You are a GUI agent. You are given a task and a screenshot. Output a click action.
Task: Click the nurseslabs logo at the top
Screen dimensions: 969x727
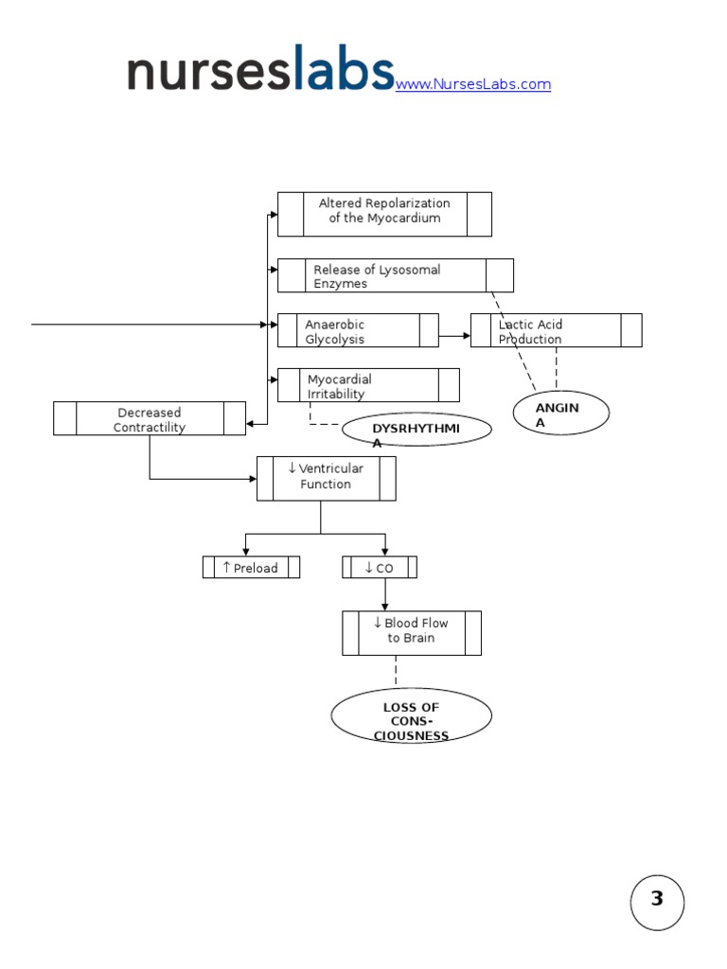click(x=260, y=70)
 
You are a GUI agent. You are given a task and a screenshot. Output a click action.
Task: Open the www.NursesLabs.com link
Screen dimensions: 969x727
click(x=472, y=84)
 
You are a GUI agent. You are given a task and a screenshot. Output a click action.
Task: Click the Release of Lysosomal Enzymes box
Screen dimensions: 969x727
click(x=395, y=275)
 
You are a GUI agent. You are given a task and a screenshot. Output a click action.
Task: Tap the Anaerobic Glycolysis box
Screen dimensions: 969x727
click(x=358, y=331)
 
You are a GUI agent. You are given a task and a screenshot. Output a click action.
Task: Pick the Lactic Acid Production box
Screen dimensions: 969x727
click(x=556, y=331)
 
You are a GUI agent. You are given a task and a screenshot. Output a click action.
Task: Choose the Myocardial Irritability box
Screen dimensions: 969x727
click(x=368, y=386)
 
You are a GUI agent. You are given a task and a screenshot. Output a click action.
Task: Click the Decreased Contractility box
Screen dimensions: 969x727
click(x=150, y=419)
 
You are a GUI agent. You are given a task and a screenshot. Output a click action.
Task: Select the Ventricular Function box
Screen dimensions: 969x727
click(x=326, y=478)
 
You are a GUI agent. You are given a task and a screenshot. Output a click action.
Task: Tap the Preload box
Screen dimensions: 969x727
click(x=251, y=568)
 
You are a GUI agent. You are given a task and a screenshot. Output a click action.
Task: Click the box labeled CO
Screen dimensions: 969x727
click(x=379, y=568)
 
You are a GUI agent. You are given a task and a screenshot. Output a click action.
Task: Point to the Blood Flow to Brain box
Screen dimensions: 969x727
click(x=411, y=632)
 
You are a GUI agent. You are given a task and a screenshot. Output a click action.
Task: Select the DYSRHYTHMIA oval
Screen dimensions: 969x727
click(x=417, y=431)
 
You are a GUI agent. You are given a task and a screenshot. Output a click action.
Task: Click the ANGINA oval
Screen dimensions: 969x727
click(x=560, y=414)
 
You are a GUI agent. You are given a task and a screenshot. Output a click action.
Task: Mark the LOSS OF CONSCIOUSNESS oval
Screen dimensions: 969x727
click(x=411, y=716)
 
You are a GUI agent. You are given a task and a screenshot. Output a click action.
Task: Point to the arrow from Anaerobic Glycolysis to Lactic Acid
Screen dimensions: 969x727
click(x=454, y=335)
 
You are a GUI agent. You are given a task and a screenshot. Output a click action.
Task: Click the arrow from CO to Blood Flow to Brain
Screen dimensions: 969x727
click(x=385, y=594)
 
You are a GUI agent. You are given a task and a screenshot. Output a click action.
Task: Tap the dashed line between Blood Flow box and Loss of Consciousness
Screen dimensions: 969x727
click(x=396, y=671)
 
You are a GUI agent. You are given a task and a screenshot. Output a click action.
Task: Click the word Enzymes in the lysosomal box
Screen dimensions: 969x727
click(x=341, y=284)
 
